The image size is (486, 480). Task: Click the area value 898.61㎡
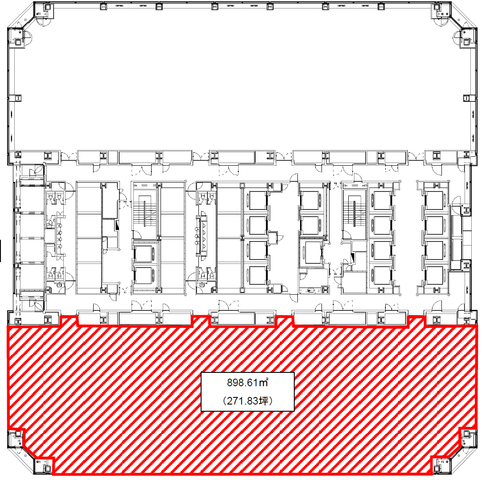pos(247,383)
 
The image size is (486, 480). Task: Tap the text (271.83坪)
pos(247,401)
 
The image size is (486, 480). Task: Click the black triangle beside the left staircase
pos(117,225)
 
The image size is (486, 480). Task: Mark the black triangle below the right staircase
pos(352,257)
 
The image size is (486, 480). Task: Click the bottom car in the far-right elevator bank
pos(435,275)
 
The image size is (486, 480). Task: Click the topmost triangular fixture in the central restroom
pos(204,219)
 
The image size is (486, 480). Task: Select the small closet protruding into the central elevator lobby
pos(273,238)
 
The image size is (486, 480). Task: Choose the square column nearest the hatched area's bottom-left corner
pos(47,468)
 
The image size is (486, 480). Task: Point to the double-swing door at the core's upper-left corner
pos(38,169)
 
